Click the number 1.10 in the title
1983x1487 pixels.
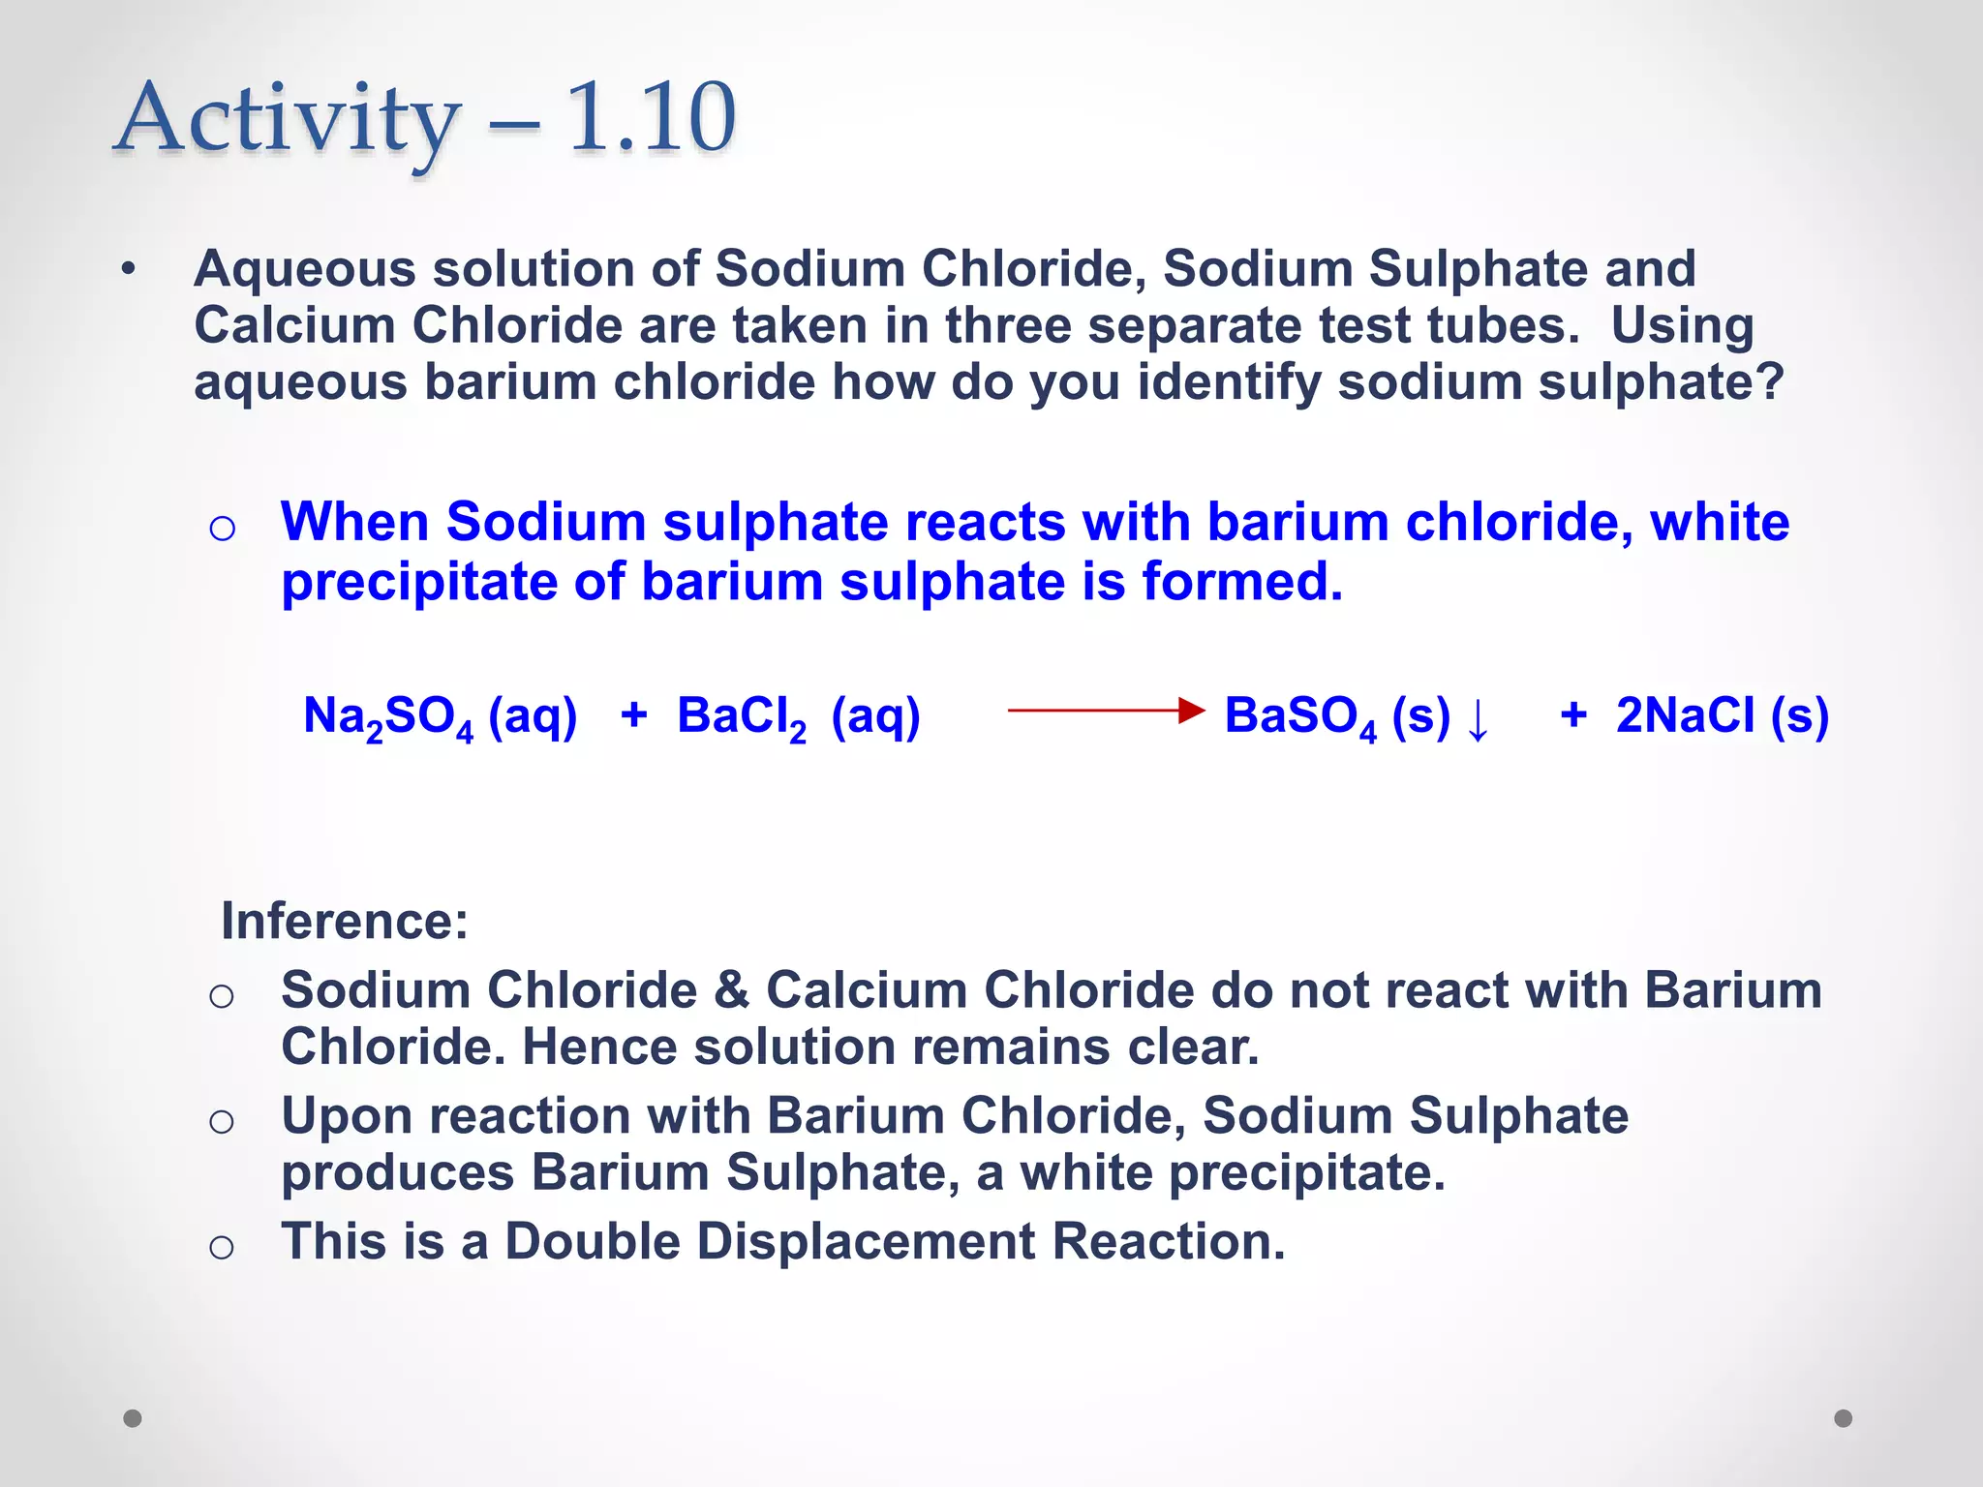click(651, 118)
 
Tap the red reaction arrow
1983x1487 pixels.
click(1106, 711)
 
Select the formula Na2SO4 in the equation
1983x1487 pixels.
click(388, 717)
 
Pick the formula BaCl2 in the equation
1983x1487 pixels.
click(742, 717)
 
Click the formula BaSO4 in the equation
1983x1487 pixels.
click(1300, 717)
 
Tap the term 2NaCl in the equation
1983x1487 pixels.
click(1685, 716)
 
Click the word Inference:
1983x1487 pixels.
click(345, 920)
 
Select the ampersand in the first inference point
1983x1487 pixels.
click(731, 990)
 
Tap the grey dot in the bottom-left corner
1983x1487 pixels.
click(133, 1418)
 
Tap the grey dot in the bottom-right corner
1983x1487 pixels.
click(1844, 1418)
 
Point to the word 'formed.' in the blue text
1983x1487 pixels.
click(1242, 582)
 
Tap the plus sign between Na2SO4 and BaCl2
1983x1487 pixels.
click(633, 715)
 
